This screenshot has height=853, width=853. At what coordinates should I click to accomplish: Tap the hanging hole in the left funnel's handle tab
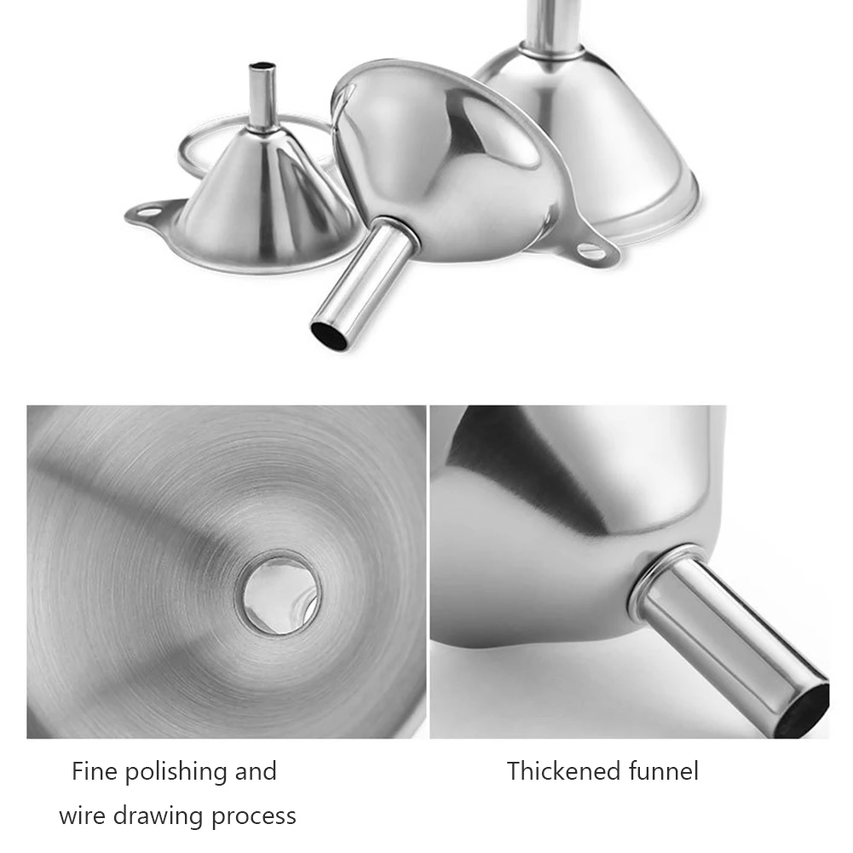(x=147, y=210)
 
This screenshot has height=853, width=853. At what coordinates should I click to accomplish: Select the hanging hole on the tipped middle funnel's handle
(x=591, y=251)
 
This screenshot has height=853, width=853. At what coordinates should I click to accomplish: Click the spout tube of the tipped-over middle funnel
(x=359, y=282)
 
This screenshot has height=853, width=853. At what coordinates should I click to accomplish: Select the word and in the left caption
(x=255, y=772)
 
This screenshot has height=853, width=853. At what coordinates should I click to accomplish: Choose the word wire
(x=83, y=816)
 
